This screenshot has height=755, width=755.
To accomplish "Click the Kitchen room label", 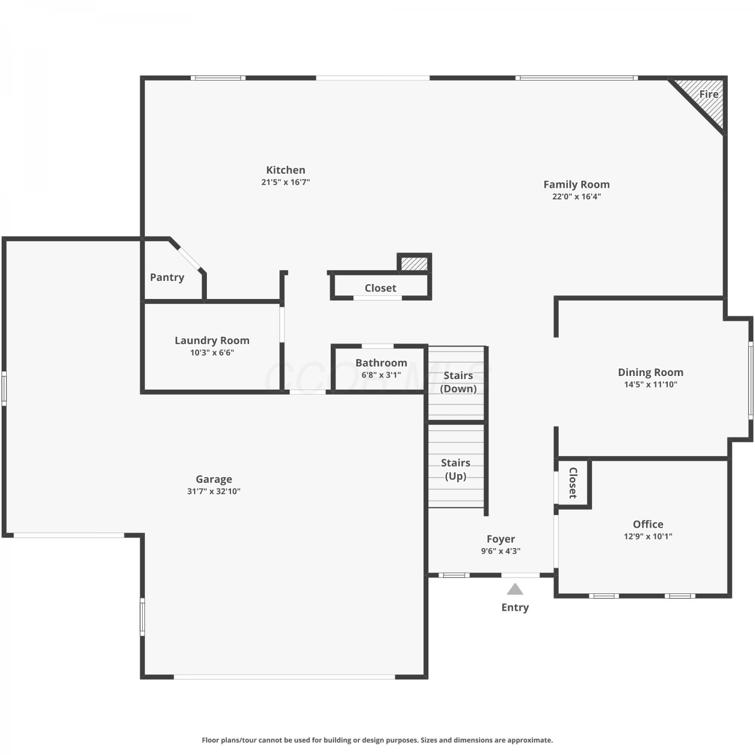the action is pos(285,170).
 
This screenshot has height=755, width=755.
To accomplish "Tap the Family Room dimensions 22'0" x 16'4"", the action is pos(576,196).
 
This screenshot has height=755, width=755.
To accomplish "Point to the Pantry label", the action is pos(167,277).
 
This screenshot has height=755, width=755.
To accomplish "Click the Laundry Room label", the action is pos(212,341).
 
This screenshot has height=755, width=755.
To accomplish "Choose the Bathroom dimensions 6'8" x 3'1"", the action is pos(381,375).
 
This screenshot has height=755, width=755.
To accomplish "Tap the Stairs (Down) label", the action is pos(458,382).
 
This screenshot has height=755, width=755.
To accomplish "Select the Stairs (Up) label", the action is pos(456,469).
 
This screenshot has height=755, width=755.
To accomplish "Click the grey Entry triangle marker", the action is pos(515,589).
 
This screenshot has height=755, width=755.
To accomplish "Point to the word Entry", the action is pos(515,608).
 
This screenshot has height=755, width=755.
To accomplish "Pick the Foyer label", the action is pos(501,539).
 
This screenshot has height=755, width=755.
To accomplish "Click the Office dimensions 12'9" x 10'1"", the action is pos(648,537).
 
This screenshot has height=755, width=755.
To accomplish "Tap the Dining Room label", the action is pos(650,372).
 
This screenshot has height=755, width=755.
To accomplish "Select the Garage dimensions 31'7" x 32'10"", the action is pos(214,491).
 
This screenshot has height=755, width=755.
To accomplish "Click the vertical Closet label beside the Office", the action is pos(573,483).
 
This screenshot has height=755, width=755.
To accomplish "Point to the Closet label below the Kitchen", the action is pos(381,288).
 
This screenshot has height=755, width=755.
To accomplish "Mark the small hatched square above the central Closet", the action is pos(414,264).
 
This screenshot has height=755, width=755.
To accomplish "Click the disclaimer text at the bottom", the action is pos(377,740).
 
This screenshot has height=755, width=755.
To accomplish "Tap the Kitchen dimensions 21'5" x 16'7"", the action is pos(285,182).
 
